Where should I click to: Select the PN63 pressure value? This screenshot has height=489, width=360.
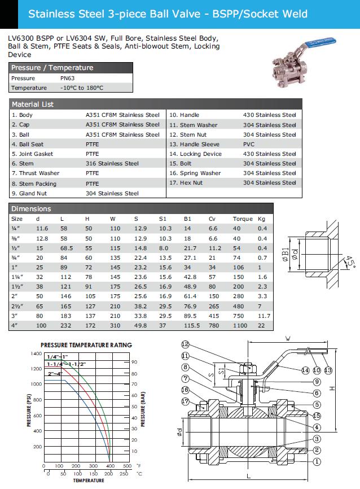[x=68, y=78]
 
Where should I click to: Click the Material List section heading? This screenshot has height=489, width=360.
[x=33, y=104]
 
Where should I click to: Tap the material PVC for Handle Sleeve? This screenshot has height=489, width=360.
[x=249, y=145]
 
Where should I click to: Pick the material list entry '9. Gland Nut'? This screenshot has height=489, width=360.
[x=29, y=193]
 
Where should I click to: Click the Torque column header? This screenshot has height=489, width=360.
[x=243, y=219]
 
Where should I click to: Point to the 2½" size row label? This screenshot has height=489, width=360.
[x=17, y=305]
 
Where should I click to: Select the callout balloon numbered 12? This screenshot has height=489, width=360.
[x=186, y=344]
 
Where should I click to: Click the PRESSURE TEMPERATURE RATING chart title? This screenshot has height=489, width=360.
[x=86, y=344]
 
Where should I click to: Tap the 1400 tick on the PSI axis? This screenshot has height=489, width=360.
[x=36, y=353]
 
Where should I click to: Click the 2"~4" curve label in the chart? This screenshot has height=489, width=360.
[x=55, y=374]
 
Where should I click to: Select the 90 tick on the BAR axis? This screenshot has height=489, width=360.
[x=134, y=362]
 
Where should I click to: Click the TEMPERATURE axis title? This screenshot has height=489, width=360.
[x=88, y=481]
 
